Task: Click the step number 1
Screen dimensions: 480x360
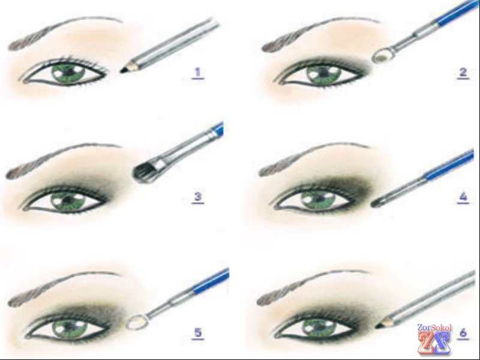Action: pos(198,73)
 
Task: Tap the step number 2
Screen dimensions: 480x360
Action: pos(463,73)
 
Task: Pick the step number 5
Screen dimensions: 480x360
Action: pos(198,333)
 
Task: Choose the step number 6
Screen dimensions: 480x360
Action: pos(463,332)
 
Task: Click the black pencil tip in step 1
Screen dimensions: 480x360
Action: pos(124,70)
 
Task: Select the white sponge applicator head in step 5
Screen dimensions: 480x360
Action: pos(137,322)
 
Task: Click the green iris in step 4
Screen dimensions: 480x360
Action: pos(319,200)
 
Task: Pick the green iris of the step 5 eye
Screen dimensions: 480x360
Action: pos(69,328)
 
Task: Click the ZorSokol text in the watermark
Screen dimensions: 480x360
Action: pos(434,328)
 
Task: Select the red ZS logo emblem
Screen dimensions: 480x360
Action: pos(434,342)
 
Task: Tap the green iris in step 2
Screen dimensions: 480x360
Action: pos(324,74)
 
